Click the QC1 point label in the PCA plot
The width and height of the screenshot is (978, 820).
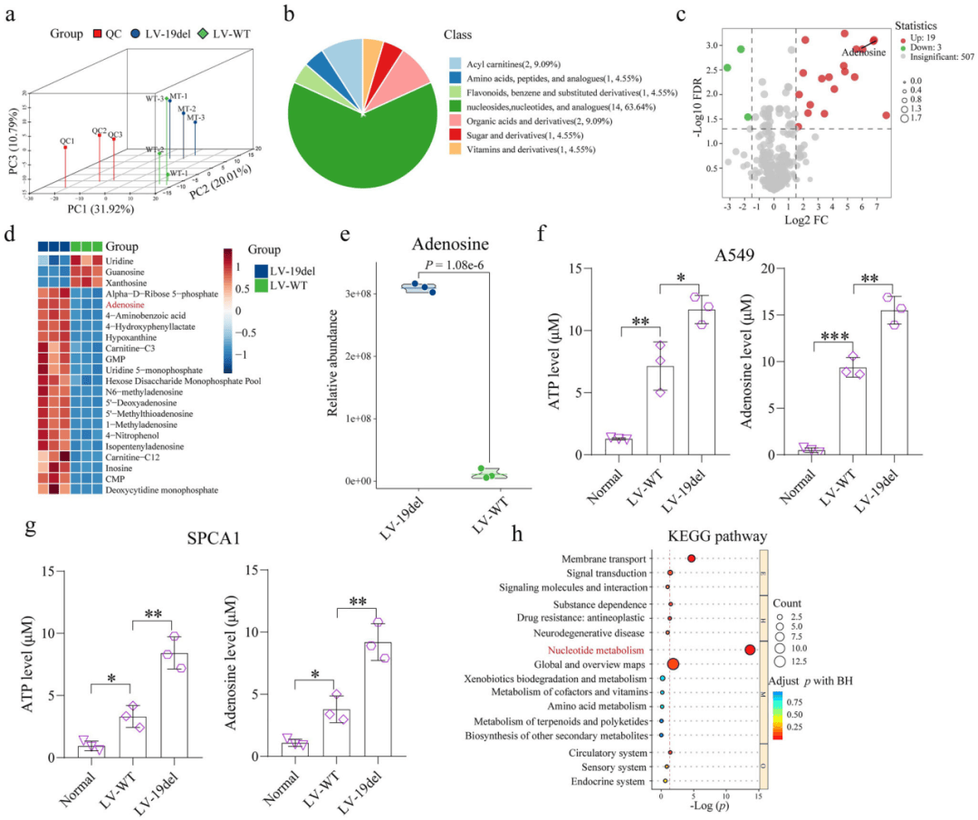click(67, 141)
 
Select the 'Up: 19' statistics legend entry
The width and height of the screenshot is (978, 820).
click(914, 42)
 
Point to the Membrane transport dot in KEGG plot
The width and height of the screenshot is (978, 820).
click(691, 559)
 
